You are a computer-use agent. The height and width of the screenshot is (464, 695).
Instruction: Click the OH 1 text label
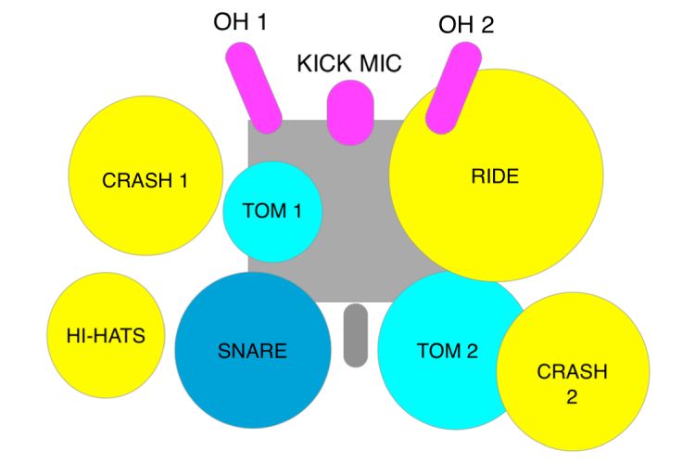click(240, 20)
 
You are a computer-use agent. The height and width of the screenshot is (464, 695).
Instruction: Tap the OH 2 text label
click(466, 24)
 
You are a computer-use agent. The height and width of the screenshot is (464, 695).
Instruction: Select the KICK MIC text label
click(349, 63)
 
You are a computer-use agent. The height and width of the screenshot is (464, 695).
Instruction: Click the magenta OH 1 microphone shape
click(254, 88)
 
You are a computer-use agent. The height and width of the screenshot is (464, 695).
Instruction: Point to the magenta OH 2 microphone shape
click(453, 88)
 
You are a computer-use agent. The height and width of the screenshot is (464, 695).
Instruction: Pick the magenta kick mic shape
click(350, 112)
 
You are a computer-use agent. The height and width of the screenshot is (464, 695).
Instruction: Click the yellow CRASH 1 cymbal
click(145, 175)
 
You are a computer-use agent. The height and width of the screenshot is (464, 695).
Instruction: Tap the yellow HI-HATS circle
click(106, 335)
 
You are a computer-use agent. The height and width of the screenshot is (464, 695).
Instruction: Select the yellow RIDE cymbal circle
click(497, 175)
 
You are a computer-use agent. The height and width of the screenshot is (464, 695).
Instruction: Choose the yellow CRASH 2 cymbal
click(573, 371)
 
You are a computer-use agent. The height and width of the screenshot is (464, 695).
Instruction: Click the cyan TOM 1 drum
click(272, 212)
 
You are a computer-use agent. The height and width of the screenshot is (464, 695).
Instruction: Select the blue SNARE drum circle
click(253, 351)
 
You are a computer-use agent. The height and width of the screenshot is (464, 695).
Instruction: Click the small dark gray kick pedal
click(356, 336)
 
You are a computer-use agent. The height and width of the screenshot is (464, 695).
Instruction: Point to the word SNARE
click(252, 351)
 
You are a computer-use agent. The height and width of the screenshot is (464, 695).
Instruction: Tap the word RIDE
click(495, 176)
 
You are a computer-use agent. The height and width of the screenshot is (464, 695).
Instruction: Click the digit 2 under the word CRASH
click(572, 396)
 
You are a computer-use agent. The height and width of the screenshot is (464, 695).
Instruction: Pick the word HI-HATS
click(106, 336)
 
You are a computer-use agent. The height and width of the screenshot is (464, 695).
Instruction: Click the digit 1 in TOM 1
click(297, 211)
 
